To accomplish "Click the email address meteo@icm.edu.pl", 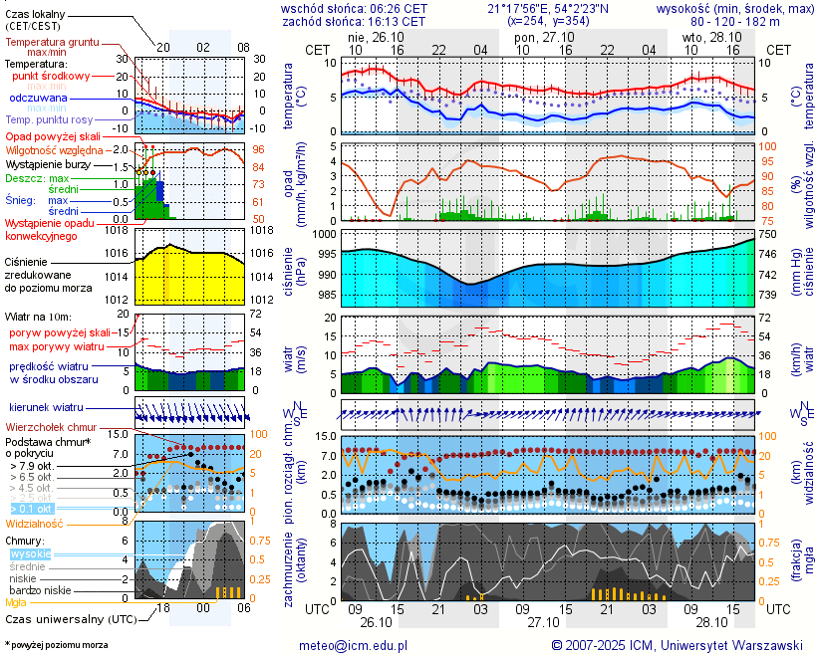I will tap(353, 645).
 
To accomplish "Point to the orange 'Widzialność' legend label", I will tap(35, 522).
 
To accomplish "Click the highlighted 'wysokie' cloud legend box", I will tap(30, 553).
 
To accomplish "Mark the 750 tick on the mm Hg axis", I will tap(768, 234).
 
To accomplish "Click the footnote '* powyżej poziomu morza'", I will tap(56, 645).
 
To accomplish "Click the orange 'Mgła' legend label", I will tap(16, 602).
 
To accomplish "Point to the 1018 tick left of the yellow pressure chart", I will tap(118, 231).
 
